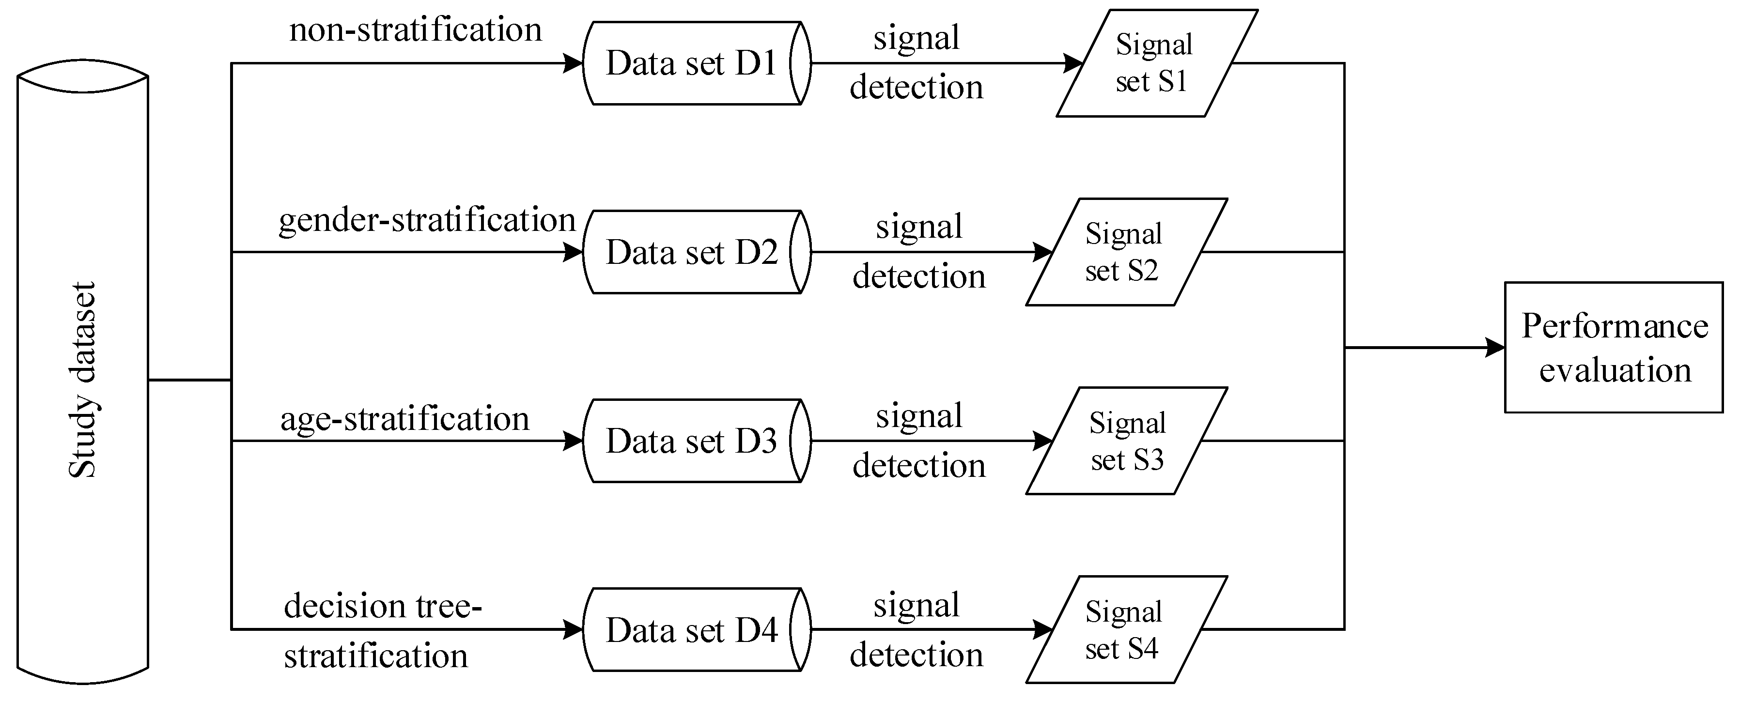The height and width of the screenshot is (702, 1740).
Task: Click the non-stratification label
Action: point(416,31)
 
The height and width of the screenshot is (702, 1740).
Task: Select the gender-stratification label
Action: point(427,221)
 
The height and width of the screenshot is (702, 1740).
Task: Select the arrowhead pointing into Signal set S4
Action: point(1043,630)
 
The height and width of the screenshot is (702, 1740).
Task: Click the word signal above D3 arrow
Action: point(918,416)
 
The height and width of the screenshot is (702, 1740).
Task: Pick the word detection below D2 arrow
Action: point(918,277)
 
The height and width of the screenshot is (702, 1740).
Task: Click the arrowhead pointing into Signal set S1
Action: point(1073,63)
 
